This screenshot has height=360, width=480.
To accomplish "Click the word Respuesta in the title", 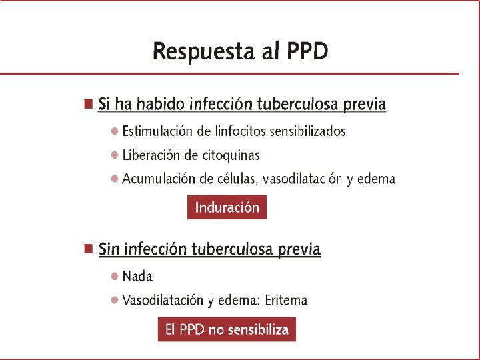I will pyautogui.click(x=201, y=51).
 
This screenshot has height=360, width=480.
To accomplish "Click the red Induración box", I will pyautogui.click(x=227, y=207).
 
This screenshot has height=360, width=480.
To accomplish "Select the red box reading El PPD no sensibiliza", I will pyautogui.click(x=227, y=329).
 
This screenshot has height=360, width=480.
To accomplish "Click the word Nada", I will pyautogui.click(x=137, y=276).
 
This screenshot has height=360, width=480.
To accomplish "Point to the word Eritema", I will pyautogui.click(x=286, y=300).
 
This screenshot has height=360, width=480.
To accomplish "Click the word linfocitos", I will pyautogui.click(x=240, y=131).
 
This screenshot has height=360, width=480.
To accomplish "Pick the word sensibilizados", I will pyautogui.click(x=311, y=131).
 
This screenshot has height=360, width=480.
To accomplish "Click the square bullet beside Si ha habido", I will pyautogui.click(x=87, y=104).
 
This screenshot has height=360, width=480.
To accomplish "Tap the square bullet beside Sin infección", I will pyautogui.click(x=87, y=249).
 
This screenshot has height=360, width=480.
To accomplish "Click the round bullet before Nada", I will pyautogui.click(x=115, y=276).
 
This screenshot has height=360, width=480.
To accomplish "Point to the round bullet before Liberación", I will pyautogui.click(x=115, y=155).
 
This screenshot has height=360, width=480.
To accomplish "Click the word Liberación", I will pyautogui.click(x=151, y=155).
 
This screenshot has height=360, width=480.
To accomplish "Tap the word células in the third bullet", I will pyautogui.click(x=239, y=179).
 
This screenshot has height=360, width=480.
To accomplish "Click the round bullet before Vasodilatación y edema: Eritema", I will pyautogui.click(x=115, y=300).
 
